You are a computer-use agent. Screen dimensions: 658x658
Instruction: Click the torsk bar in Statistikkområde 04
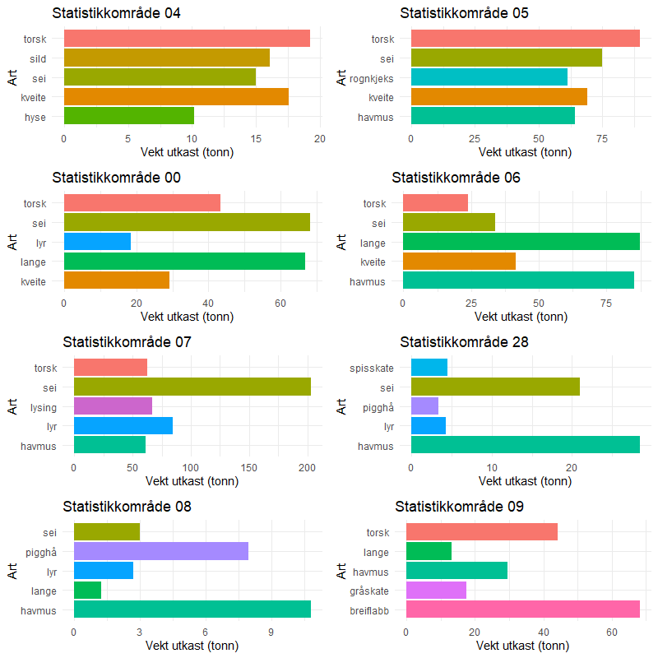click(187, 38)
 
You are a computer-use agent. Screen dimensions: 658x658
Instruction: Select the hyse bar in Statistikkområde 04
click(128, 116)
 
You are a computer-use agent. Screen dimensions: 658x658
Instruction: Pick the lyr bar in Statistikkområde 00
click(97, 242)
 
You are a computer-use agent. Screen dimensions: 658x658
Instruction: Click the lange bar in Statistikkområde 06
click(521, 242)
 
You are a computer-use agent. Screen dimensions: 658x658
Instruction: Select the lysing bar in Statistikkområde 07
click(113, 405)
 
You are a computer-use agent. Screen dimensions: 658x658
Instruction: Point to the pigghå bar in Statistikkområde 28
click(424, 405)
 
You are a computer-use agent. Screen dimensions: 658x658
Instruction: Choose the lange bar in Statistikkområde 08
click(87, 590)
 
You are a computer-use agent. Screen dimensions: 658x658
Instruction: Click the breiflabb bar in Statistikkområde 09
click(522, 609)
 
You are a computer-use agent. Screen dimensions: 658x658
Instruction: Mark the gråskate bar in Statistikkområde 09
click(436, 590)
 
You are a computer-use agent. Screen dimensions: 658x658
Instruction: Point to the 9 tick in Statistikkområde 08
click(271, 632)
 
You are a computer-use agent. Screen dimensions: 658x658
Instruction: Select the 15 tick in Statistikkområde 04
click(256, 138)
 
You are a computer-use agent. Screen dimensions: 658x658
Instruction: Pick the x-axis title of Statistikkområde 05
click(525, 152)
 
